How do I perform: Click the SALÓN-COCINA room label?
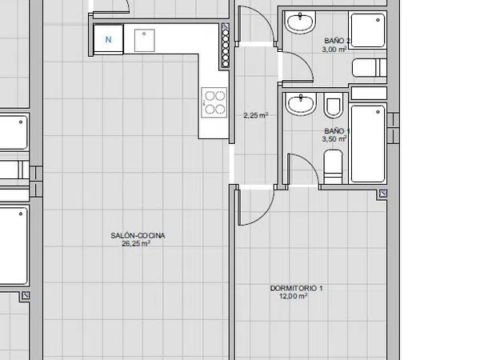[x=138, y=235]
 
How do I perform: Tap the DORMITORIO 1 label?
[x=296, y=288]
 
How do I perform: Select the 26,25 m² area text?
[x=136, y=243]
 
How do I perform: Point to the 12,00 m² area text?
[x=294, y=296]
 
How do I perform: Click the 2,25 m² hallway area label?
[x=256, y=115]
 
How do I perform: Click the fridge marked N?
[x=108, y=39]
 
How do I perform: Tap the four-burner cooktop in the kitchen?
[x=214, y=102]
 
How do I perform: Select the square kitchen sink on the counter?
[x=145, y=41]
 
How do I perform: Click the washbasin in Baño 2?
[x=300, y=22]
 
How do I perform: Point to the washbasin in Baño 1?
[x=300, y=104]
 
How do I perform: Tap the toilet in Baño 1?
[x=333, y=167]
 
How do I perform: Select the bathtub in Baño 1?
[x=367, y=144]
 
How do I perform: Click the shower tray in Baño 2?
[x=367, y=30]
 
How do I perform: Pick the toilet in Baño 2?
[x=369, y=68]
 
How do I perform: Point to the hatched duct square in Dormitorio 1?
[x=383, y=193]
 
